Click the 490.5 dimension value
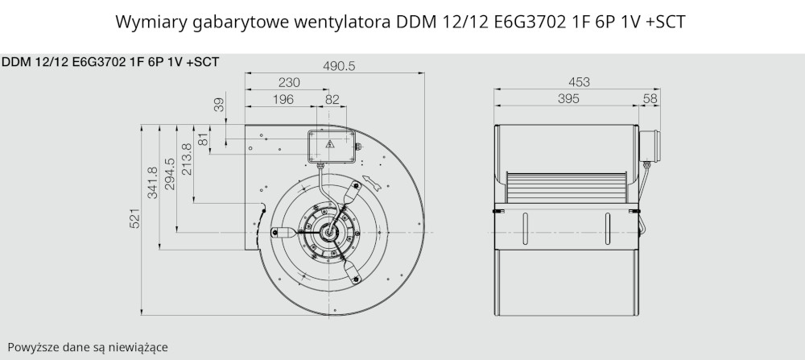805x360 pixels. pos(339,66)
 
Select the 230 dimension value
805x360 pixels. pos(289,83)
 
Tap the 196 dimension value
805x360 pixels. pos(283,100)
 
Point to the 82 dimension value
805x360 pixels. pos(332,100)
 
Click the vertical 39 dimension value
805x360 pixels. pos(219,105)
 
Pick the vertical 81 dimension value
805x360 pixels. pos(203,139)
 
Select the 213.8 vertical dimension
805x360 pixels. pos(187,159)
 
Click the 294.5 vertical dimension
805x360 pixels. pos(169,174)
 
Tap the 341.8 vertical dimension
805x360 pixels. pos(152,183)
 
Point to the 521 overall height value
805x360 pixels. pos(134,219)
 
